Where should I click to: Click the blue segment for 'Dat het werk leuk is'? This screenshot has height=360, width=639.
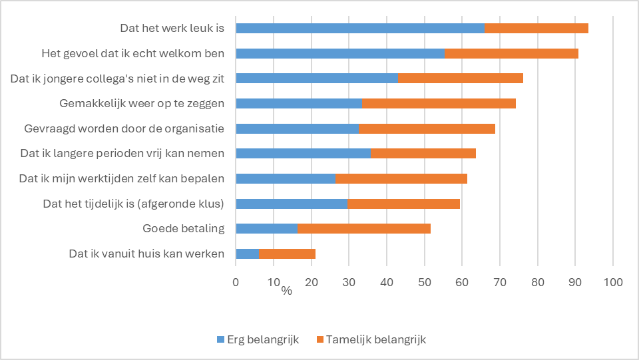pyautogui.click(x=360, y=28)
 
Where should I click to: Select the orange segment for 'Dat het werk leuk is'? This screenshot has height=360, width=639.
pyautogui.click(x=536, y=28)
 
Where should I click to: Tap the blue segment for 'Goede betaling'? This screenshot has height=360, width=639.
pyautogui.click(x=266, y=229)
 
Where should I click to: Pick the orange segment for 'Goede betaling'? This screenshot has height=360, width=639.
pyautogui.click(x=364, y=229)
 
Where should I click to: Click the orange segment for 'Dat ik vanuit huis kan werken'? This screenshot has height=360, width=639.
pyautogui.click(x=287, y=254)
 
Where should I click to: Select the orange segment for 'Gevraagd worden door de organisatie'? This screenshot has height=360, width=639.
pyautogui.click(x=427, y=128)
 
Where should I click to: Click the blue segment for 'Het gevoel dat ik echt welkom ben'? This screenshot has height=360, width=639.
pyautogui.click(x=339, y=53)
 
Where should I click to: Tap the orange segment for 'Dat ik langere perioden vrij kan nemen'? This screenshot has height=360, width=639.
pyautogui.click(x=423, y=154)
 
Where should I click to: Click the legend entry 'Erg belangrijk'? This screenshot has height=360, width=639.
pyautogui.click(x=258, y=339)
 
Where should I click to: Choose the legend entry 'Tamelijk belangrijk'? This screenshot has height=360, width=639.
pyautogui.click(x=371, y=339)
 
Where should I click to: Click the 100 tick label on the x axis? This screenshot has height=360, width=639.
pyautogui.click(x=612, y=282)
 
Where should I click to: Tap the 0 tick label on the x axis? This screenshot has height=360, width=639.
pyautogui.click(x=236, y=282)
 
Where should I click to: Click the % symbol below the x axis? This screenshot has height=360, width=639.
pyautogui.click(x=286, y=291)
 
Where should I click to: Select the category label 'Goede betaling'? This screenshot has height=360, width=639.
pyautogui.click(x=183, y=229)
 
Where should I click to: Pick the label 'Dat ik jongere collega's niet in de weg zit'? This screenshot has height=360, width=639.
pyautogui.click(x=117, y=79)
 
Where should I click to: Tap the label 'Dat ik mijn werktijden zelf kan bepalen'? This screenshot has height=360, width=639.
pyautogui.click(x=121, y=178)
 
